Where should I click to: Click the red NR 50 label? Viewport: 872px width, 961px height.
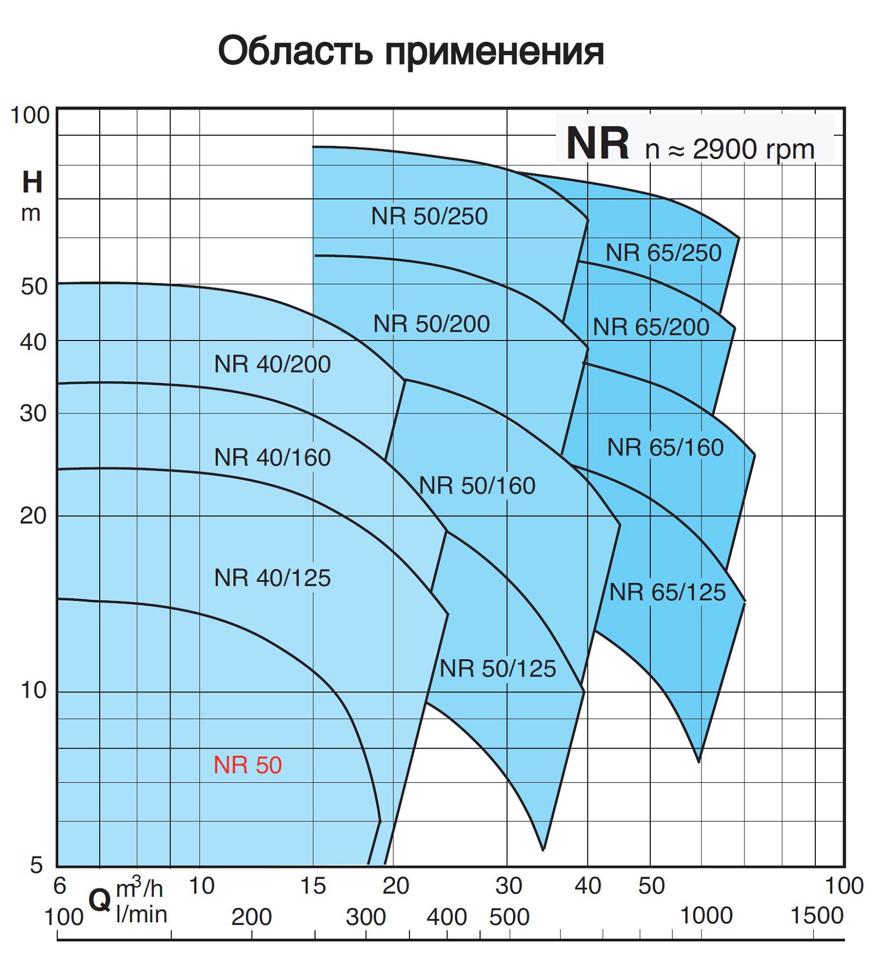247,765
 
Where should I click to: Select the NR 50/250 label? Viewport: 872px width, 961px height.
429,216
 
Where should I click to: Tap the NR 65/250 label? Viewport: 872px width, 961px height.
663,253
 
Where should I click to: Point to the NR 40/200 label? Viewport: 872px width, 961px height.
272,364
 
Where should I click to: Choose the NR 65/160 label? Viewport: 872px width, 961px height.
665,447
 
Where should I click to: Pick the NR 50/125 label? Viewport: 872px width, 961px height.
498,668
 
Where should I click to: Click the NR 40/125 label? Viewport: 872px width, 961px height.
272,577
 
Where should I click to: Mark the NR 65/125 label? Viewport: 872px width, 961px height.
667,592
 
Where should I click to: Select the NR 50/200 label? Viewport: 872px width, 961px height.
431,324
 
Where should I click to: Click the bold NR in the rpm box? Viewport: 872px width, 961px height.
597,143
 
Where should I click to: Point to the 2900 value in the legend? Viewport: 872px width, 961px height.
727,149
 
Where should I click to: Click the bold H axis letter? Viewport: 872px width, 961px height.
32,182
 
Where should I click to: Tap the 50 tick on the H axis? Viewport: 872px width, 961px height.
34,287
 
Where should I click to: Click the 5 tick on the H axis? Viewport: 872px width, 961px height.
36,865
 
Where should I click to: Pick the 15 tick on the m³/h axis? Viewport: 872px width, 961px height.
313,886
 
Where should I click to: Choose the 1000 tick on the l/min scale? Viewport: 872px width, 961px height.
706,916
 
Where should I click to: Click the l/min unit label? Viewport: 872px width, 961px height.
141,915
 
